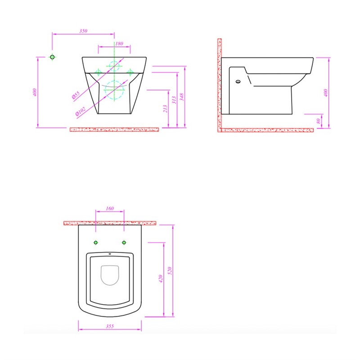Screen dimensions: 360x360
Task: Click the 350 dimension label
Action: click(83, 31)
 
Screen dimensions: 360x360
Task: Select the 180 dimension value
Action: click(119, 44)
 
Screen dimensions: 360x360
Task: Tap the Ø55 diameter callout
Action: click(76, 95)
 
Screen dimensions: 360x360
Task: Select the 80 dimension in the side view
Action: click(319, 121)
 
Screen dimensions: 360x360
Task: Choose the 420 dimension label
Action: click(160, 279)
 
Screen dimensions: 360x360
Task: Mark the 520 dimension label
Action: click(170, 271)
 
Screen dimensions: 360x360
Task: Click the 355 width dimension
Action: click(110, 326)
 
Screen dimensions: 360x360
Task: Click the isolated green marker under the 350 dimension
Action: click(53, 57)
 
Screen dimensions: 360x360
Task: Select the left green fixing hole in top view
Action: click(95, 243)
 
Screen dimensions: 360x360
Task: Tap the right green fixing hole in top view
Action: click(124, 243)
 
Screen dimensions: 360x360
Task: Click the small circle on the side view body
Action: click(238, 82)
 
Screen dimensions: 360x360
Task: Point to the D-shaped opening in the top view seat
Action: click(109, 276)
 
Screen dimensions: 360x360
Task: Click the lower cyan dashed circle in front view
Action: click(114, 90)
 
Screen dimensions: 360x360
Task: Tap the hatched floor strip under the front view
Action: click(114, 130)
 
